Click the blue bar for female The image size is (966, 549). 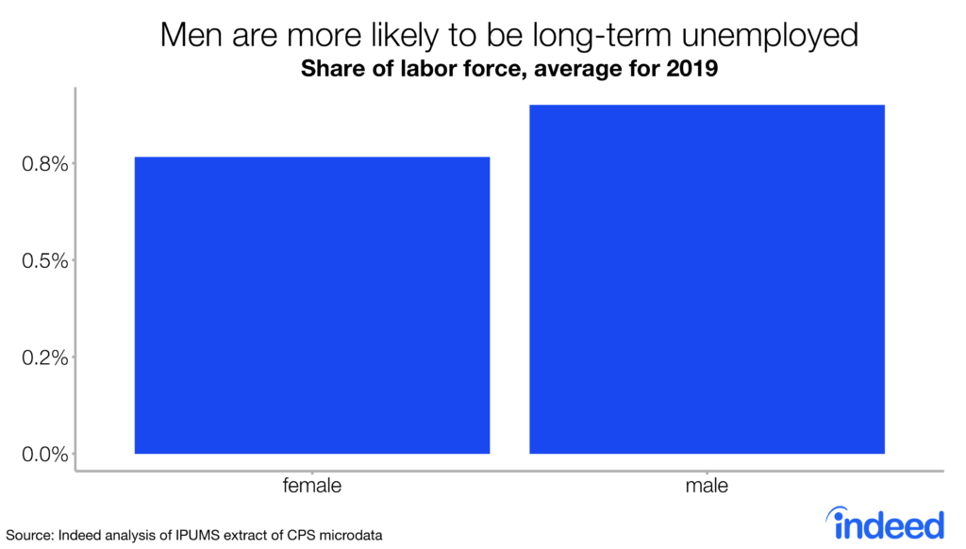pyautogui.click(x=311, y=305)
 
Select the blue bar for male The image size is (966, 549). pyautogui.click(x=707, y=279)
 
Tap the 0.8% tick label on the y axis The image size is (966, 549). pyautogui.click(x=45, y=164)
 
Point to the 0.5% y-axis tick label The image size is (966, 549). pyautogui.click(x=45, y=260)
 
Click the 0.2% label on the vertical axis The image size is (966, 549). pyautogui.click(x=45, y=358)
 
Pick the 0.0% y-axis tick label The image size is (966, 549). pyautogui.click(x=45, y=454)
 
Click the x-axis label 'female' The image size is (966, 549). pyautogui.click(x=311, y=487)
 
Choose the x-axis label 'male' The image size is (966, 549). pyautogui.click(x=707, y=487)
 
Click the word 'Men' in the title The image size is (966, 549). pyautogui.click(x=190, y=36)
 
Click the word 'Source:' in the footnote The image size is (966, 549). pyautogui.click(x=30, y=536)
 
